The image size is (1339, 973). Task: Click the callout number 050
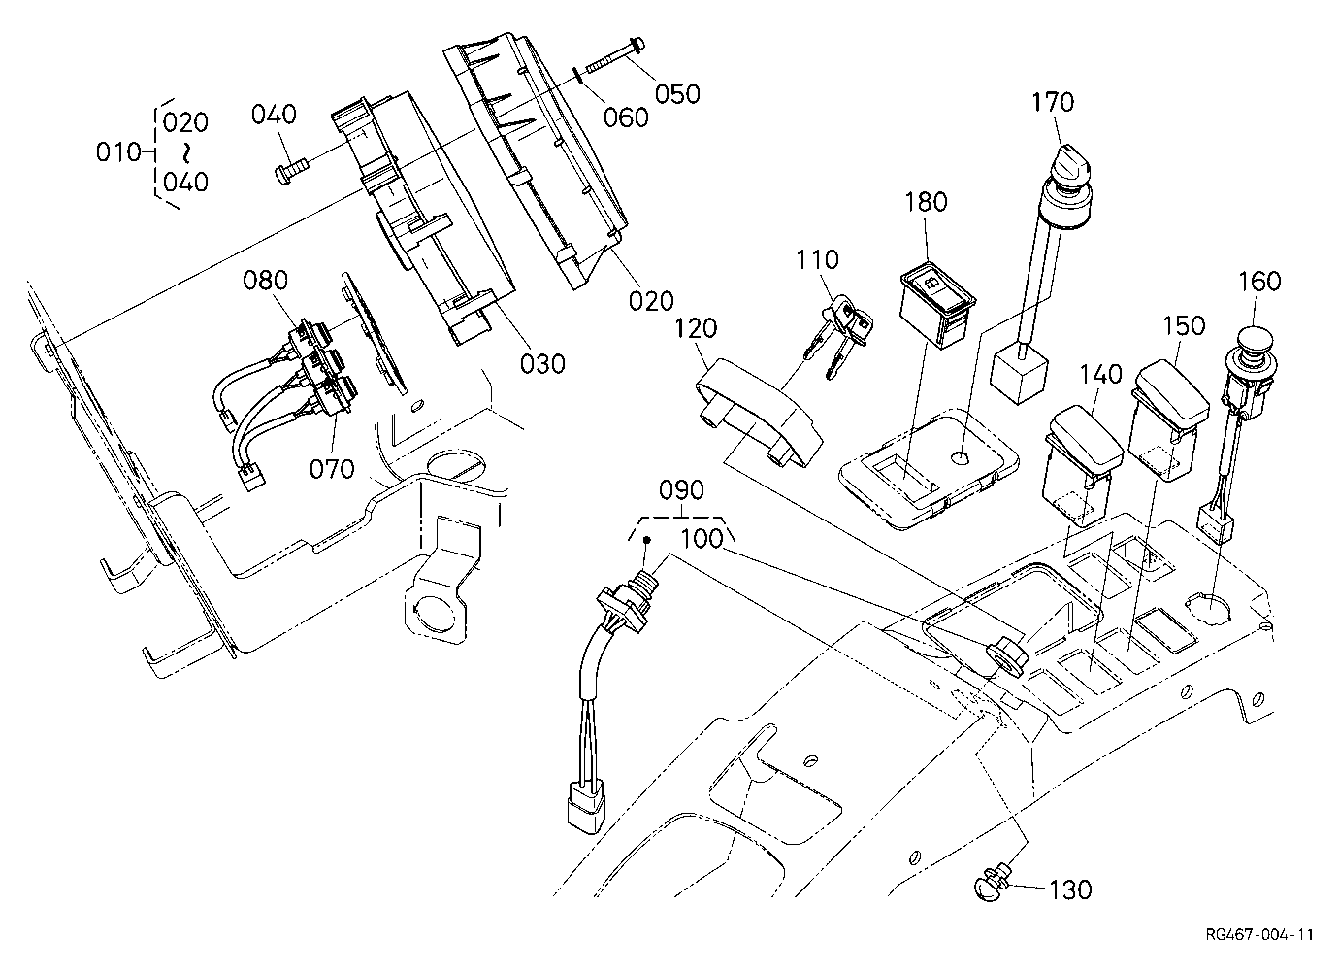[677, 94]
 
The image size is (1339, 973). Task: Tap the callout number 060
[626, 117]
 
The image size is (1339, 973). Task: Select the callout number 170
[1053, 102]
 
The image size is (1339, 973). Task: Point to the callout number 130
[1070, 889]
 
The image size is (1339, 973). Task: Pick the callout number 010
[118, 152]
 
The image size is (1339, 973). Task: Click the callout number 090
[681, 490]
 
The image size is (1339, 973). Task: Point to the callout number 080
[266, 280]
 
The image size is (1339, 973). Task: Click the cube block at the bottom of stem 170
[1020, 375]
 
